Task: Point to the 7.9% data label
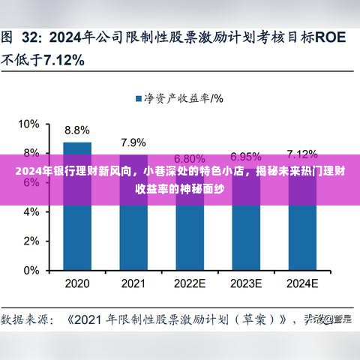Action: click(x=133, y=141)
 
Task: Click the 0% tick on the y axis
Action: click(x=31, y=270)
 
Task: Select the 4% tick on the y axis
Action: click(x=31, y=211)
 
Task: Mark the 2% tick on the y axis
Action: click(x=31, y=241)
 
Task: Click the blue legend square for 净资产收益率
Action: click(x=139, y=97)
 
